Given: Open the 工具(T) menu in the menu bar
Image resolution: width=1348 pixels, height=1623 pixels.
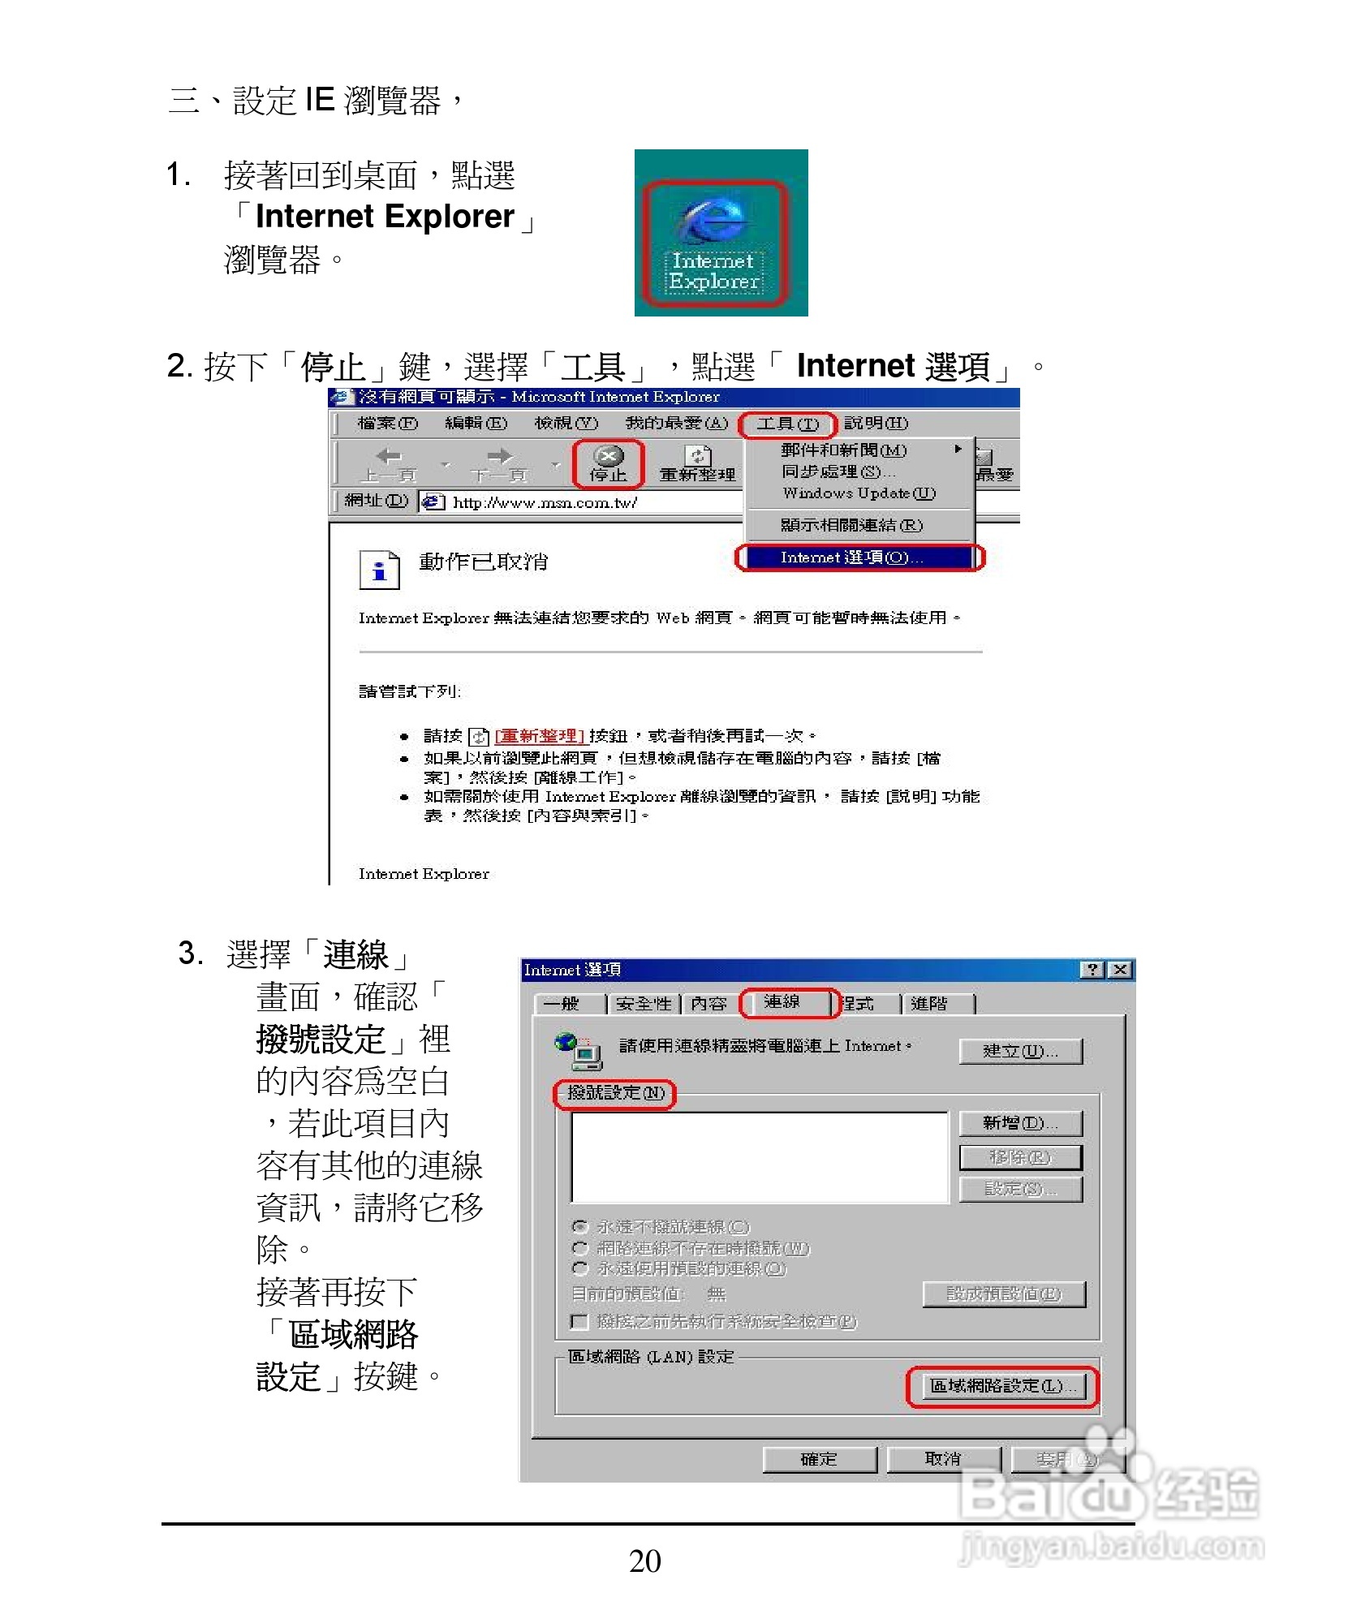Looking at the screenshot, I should point(786,424).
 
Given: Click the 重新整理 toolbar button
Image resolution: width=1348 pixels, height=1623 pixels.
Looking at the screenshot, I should point(697,464).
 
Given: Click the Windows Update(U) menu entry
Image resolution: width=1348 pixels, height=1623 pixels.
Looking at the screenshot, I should point(859,493).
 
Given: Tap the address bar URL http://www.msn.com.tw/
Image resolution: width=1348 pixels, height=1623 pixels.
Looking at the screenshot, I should point(545,502).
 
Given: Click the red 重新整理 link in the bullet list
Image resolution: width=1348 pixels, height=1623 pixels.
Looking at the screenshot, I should point(540,736).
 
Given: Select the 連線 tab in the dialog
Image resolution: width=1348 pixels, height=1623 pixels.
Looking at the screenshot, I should point(782,1002).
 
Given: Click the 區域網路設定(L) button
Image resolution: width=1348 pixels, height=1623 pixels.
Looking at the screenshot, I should point(1002,1386).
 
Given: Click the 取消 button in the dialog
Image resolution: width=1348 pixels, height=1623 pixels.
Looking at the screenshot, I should point(943,1459).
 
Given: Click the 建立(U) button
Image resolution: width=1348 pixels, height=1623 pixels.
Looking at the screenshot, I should point(1020,1051).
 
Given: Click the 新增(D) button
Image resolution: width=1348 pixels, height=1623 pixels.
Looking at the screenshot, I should point(1020,1123).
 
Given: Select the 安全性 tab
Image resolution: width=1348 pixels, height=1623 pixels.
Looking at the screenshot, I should point(644,1004).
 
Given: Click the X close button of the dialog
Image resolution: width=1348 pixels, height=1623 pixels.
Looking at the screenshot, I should point(1121,970).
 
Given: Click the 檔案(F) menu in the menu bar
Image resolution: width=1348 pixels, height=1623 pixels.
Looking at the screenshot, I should point(387,424).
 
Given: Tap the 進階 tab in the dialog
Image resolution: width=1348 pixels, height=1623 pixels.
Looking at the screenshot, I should point(929,1004).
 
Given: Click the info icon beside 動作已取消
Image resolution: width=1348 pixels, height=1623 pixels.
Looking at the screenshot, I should point(379,570).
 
